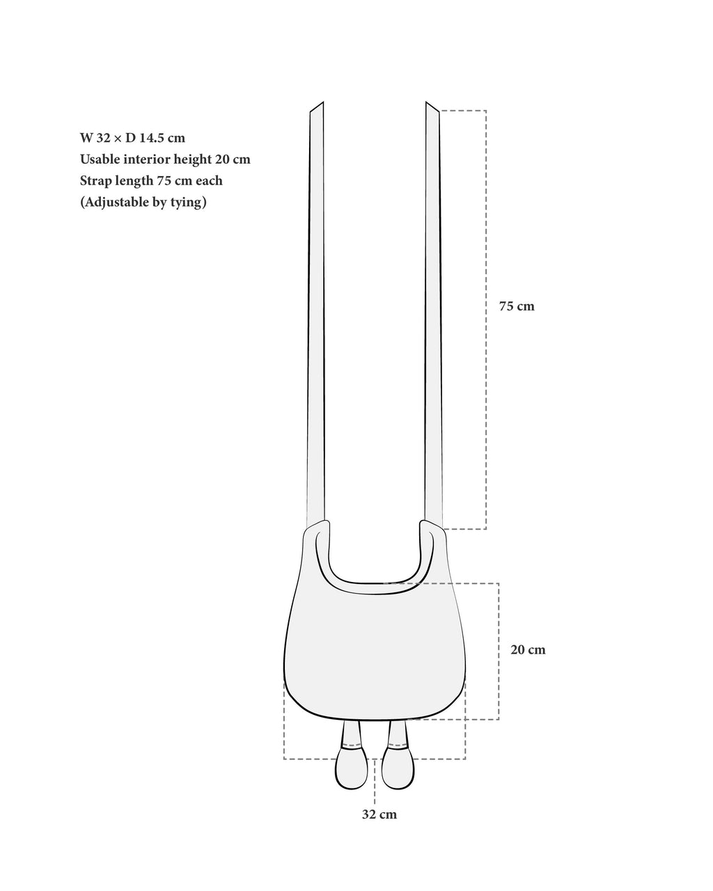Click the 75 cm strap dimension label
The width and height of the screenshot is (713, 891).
point(517,306)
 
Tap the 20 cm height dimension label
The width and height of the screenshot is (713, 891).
point(528,649)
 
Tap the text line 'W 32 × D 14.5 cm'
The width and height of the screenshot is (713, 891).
point(132,138)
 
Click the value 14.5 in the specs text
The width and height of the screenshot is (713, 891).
point(152,138)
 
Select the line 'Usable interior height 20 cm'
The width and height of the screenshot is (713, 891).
point(165,159)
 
